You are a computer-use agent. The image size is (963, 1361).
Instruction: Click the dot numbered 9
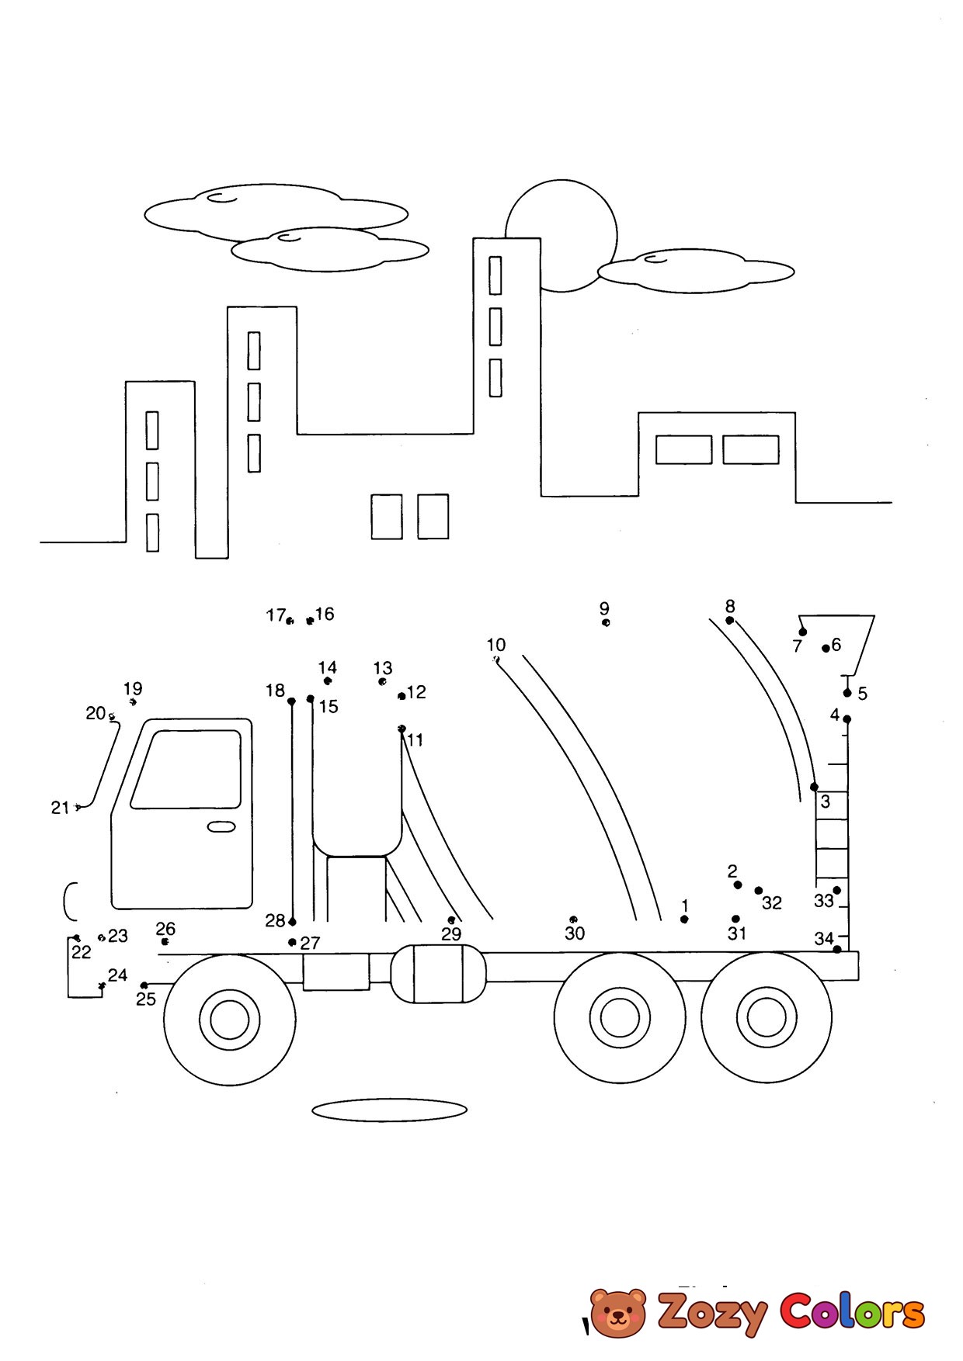(606, 622)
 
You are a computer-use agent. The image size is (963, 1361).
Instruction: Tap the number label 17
(276, 615)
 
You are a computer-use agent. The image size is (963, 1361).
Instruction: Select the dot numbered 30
(573, 919)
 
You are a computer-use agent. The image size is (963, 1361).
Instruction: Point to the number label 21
(60, 808)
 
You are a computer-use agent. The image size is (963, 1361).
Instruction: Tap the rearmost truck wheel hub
(767, 1016)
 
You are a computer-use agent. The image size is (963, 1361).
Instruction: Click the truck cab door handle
(221, 827)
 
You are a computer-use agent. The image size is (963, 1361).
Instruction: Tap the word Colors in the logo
(852, 1311)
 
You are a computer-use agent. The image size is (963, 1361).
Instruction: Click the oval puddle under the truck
(389, 1110)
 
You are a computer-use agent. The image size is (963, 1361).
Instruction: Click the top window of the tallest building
(495, 275)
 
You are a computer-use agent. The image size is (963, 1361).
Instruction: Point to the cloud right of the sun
(696, 271)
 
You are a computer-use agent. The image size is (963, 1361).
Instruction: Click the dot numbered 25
(144, 985)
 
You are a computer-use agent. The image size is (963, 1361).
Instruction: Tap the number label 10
(495, 645)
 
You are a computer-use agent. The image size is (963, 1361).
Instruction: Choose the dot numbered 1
(684, 919)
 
